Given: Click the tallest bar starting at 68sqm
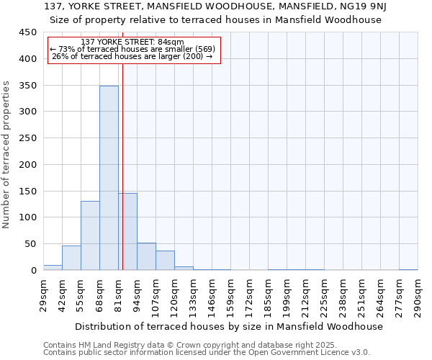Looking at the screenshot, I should click(109, 178).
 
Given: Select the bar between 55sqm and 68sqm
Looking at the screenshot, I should click(90, 235).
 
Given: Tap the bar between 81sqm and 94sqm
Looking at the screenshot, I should click(128, 231).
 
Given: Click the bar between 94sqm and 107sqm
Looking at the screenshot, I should click(146, 256).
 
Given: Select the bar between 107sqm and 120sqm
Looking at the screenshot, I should click(165, 260).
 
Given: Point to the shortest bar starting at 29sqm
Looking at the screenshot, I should click(53, 267).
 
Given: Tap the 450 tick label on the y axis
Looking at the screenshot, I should click(28, 32).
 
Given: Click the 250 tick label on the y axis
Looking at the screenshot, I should click(28, 138).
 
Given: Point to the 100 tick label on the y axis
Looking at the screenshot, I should click(28, 217).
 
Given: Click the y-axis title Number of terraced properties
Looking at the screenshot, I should click(6, 155).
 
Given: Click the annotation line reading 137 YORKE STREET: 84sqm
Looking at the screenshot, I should click(133, 42).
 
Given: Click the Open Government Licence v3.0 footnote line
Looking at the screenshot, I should click(207, 353).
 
